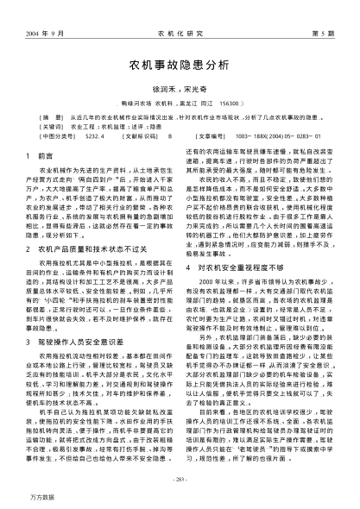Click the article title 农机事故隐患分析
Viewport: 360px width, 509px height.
pyautogui.click(x=180, y=64)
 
